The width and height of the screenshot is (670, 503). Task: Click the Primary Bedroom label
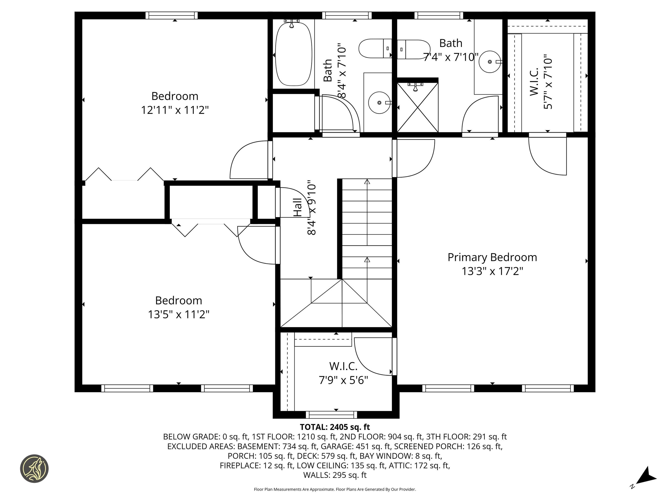coord(492,257)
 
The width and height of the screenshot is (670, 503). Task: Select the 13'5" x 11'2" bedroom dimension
coord(178,314)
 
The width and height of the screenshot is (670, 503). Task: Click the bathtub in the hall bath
coord(293,54)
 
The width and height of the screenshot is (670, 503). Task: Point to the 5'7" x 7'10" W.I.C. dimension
coord(548,82)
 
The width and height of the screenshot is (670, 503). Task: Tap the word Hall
coord(298,207)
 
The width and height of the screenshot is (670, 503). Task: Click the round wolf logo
coord(34,469)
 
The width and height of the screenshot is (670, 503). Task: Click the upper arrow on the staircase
coord(367,182)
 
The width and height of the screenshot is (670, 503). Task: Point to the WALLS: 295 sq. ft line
coord(335,475)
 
